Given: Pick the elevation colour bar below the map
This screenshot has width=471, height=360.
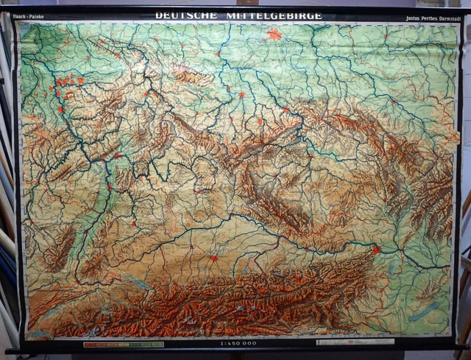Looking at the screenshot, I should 124,344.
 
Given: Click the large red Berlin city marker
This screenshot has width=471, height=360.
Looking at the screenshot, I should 275,34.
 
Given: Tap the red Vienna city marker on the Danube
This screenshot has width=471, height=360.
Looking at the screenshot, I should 377,250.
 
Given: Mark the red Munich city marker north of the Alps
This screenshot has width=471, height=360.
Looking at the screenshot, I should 213,258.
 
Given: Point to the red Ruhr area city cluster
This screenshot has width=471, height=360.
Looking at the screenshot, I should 66,82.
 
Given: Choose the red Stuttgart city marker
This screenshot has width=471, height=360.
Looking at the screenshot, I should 134,222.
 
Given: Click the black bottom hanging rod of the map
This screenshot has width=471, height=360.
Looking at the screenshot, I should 235,351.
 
